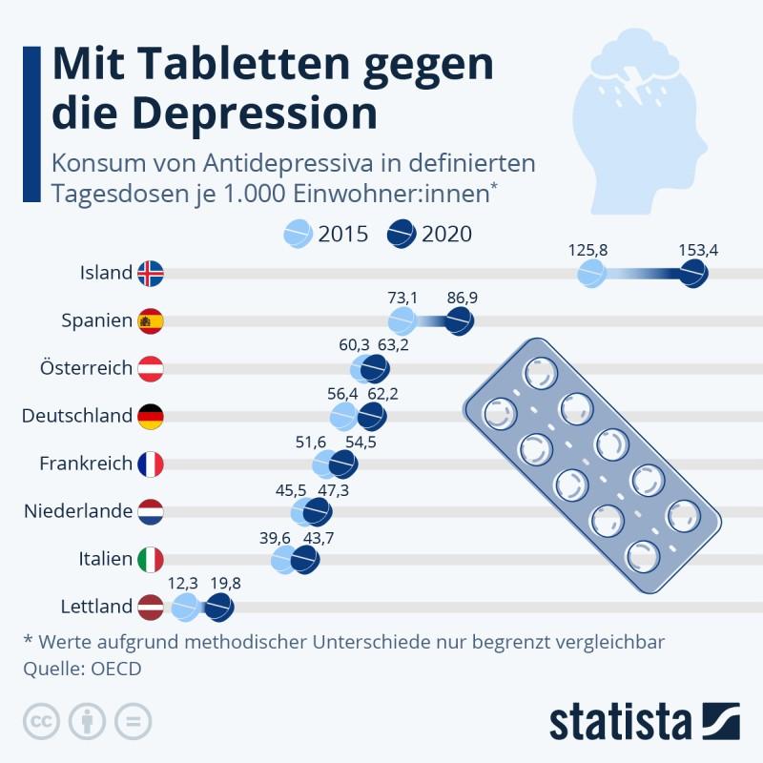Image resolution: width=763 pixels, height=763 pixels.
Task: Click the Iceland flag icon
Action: [151, 274]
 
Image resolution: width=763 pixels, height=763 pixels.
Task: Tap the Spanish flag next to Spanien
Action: [151, 321]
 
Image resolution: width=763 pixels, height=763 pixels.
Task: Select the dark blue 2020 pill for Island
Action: [693, 274]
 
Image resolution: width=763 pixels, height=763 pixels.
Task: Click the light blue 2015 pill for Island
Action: [592, 274]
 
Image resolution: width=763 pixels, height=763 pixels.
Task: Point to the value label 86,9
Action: [462, 298]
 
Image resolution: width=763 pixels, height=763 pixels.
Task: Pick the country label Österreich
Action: [86, 368]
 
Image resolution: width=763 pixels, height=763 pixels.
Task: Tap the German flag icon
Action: [151, 416]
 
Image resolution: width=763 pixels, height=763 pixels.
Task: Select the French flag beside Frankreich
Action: [151, 464]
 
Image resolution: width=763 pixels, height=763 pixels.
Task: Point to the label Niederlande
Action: [77, 511]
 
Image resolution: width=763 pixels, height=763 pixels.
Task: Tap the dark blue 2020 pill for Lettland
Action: [219, 607]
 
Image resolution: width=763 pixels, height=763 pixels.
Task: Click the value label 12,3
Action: [182, 584]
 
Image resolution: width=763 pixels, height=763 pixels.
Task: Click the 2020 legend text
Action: [446, 234]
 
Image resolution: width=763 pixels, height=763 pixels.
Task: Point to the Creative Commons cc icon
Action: [38, 721]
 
